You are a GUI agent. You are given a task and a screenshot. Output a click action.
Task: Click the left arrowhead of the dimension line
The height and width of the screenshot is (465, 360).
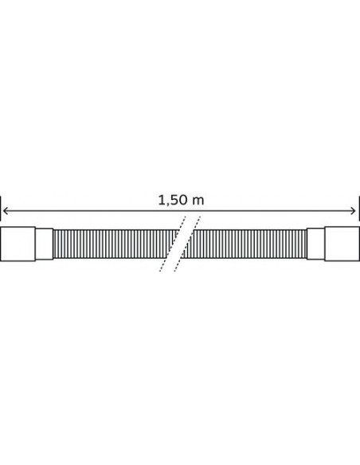pos(6,211)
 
